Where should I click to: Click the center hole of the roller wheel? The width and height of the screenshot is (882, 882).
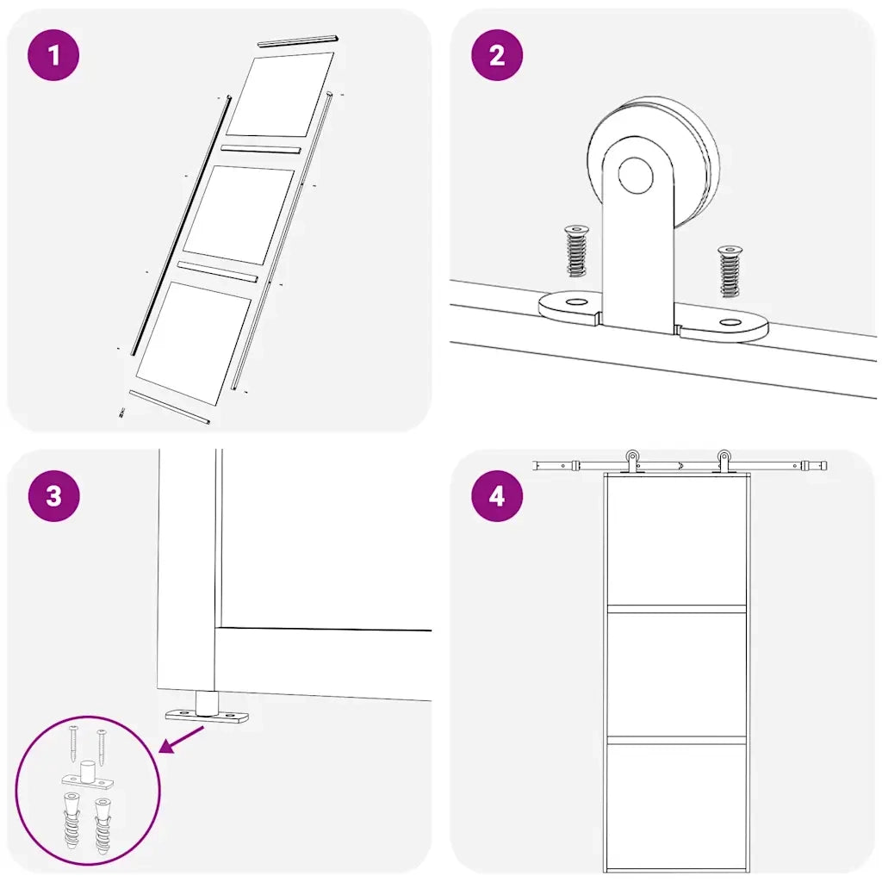(x=636, y=176)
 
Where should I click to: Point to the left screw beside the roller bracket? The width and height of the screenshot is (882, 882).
(x=575, y=251)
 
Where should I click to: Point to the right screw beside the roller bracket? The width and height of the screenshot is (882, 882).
(x=729, y=270)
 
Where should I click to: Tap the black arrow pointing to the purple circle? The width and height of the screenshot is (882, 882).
(x=183, y=740)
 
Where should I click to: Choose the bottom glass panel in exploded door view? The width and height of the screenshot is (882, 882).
(x=194, y=341)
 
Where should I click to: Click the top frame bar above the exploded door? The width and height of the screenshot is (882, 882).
(x=298, y=40)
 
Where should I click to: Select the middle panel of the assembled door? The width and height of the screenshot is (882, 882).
(x=677, y=674)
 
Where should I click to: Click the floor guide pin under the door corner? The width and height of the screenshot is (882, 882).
(x=206, y=702)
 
